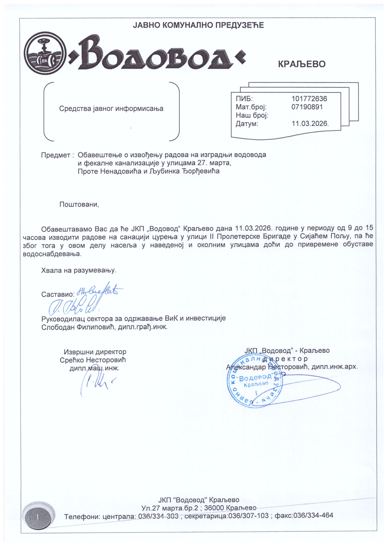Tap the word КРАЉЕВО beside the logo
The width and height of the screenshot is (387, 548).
coord(301,64)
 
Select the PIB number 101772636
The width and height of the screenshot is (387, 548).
coord(309,99)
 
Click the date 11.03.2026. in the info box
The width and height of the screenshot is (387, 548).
coord(310,124)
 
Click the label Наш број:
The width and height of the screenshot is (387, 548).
coord(252,116)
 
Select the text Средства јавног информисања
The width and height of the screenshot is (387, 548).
coord(111,109)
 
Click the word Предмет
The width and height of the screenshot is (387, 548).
coord(56,155)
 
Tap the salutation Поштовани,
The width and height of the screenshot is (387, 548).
coord(79,205)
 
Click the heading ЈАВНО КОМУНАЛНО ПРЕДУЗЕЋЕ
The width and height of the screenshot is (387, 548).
coord(198,25)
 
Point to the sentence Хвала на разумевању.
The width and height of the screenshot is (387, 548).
coord(79,270)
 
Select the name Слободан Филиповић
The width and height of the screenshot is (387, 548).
coord(79,327)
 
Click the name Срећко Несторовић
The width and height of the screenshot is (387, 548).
coord(93,360)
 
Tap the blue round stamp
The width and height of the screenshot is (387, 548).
coord(254,381)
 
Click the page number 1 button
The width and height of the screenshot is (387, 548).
coord(37,517)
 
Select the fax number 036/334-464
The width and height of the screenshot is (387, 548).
coord(313,516)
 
